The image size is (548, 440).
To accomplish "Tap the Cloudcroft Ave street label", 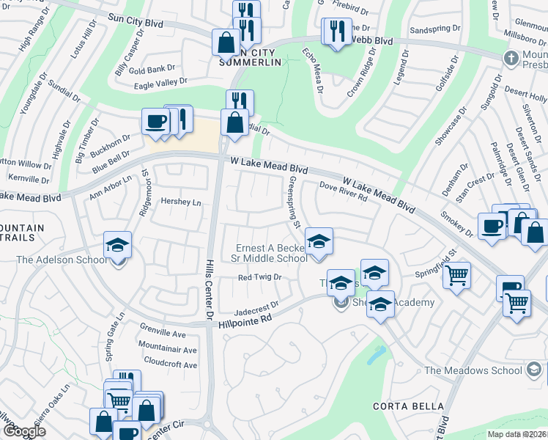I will [171, 364].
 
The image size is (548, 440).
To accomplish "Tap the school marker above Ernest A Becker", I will [318, 241].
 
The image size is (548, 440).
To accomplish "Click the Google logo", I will [24, 430].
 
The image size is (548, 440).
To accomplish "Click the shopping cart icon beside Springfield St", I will [456, 276].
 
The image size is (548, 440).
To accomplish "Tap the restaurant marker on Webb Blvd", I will [336, 32].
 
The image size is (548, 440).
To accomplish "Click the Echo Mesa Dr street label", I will [312, 70].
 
